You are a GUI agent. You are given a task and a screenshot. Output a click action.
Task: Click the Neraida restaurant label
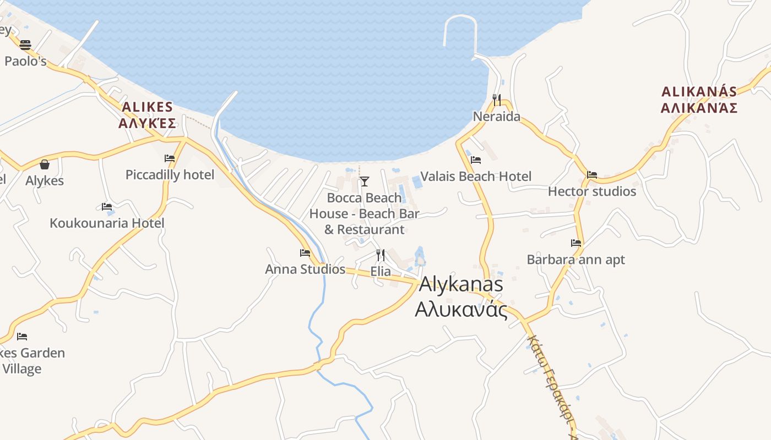coord(497,117)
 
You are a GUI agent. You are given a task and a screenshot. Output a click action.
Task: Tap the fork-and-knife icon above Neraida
coord(497,100)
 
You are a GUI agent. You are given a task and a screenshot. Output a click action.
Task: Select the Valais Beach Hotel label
coord(476,177)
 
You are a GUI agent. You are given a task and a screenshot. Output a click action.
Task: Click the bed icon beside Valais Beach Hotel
coord(476,160)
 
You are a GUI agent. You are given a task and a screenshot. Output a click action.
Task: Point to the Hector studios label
coord(592,191)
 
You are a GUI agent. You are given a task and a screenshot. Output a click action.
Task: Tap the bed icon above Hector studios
coord(592,175)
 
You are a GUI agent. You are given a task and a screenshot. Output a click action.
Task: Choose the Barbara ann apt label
coord(576,260)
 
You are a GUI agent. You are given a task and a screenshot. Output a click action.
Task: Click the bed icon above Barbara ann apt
coord(576,243)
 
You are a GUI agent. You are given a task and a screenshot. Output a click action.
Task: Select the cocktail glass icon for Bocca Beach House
coord(364,181)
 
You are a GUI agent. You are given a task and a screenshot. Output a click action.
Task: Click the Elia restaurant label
coord(381,272)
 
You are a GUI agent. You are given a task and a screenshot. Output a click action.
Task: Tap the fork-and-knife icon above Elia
coord(381,255)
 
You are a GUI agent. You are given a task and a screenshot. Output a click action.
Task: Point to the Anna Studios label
coord(305,269)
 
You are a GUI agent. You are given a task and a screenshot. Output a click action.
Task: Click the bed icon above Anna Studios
coord(305,253)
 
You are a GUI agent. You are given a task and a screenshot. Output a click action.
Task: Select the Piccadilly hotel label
coord(170,175)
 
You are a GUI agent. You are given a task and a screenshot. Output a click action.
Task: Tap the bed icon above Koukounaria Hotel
coord(107,207)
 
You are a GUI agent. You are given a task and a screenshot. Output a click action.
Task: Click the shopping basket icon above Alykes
coord(45,164)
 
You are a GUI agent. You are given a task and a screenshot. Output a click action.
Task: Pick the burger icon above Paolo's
coord(25,45)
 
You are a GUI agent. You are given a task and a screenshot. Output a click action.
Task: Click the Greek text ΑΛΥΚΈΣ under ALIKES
coord(147,123)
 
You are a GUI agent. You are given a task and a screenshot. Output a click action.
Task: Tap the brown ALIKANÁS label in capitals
coord(699,91)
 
